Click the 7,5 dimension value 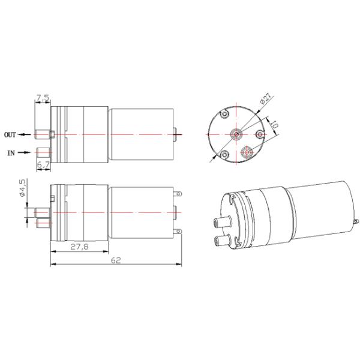click(x=43, y=97)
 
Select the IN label click(x=11, y=153)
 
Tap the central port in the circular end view click(x=236, y=133)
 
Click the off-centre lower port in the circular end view click(x=245, y=154)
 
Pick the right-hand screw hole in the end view click(x=259, y=134)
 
